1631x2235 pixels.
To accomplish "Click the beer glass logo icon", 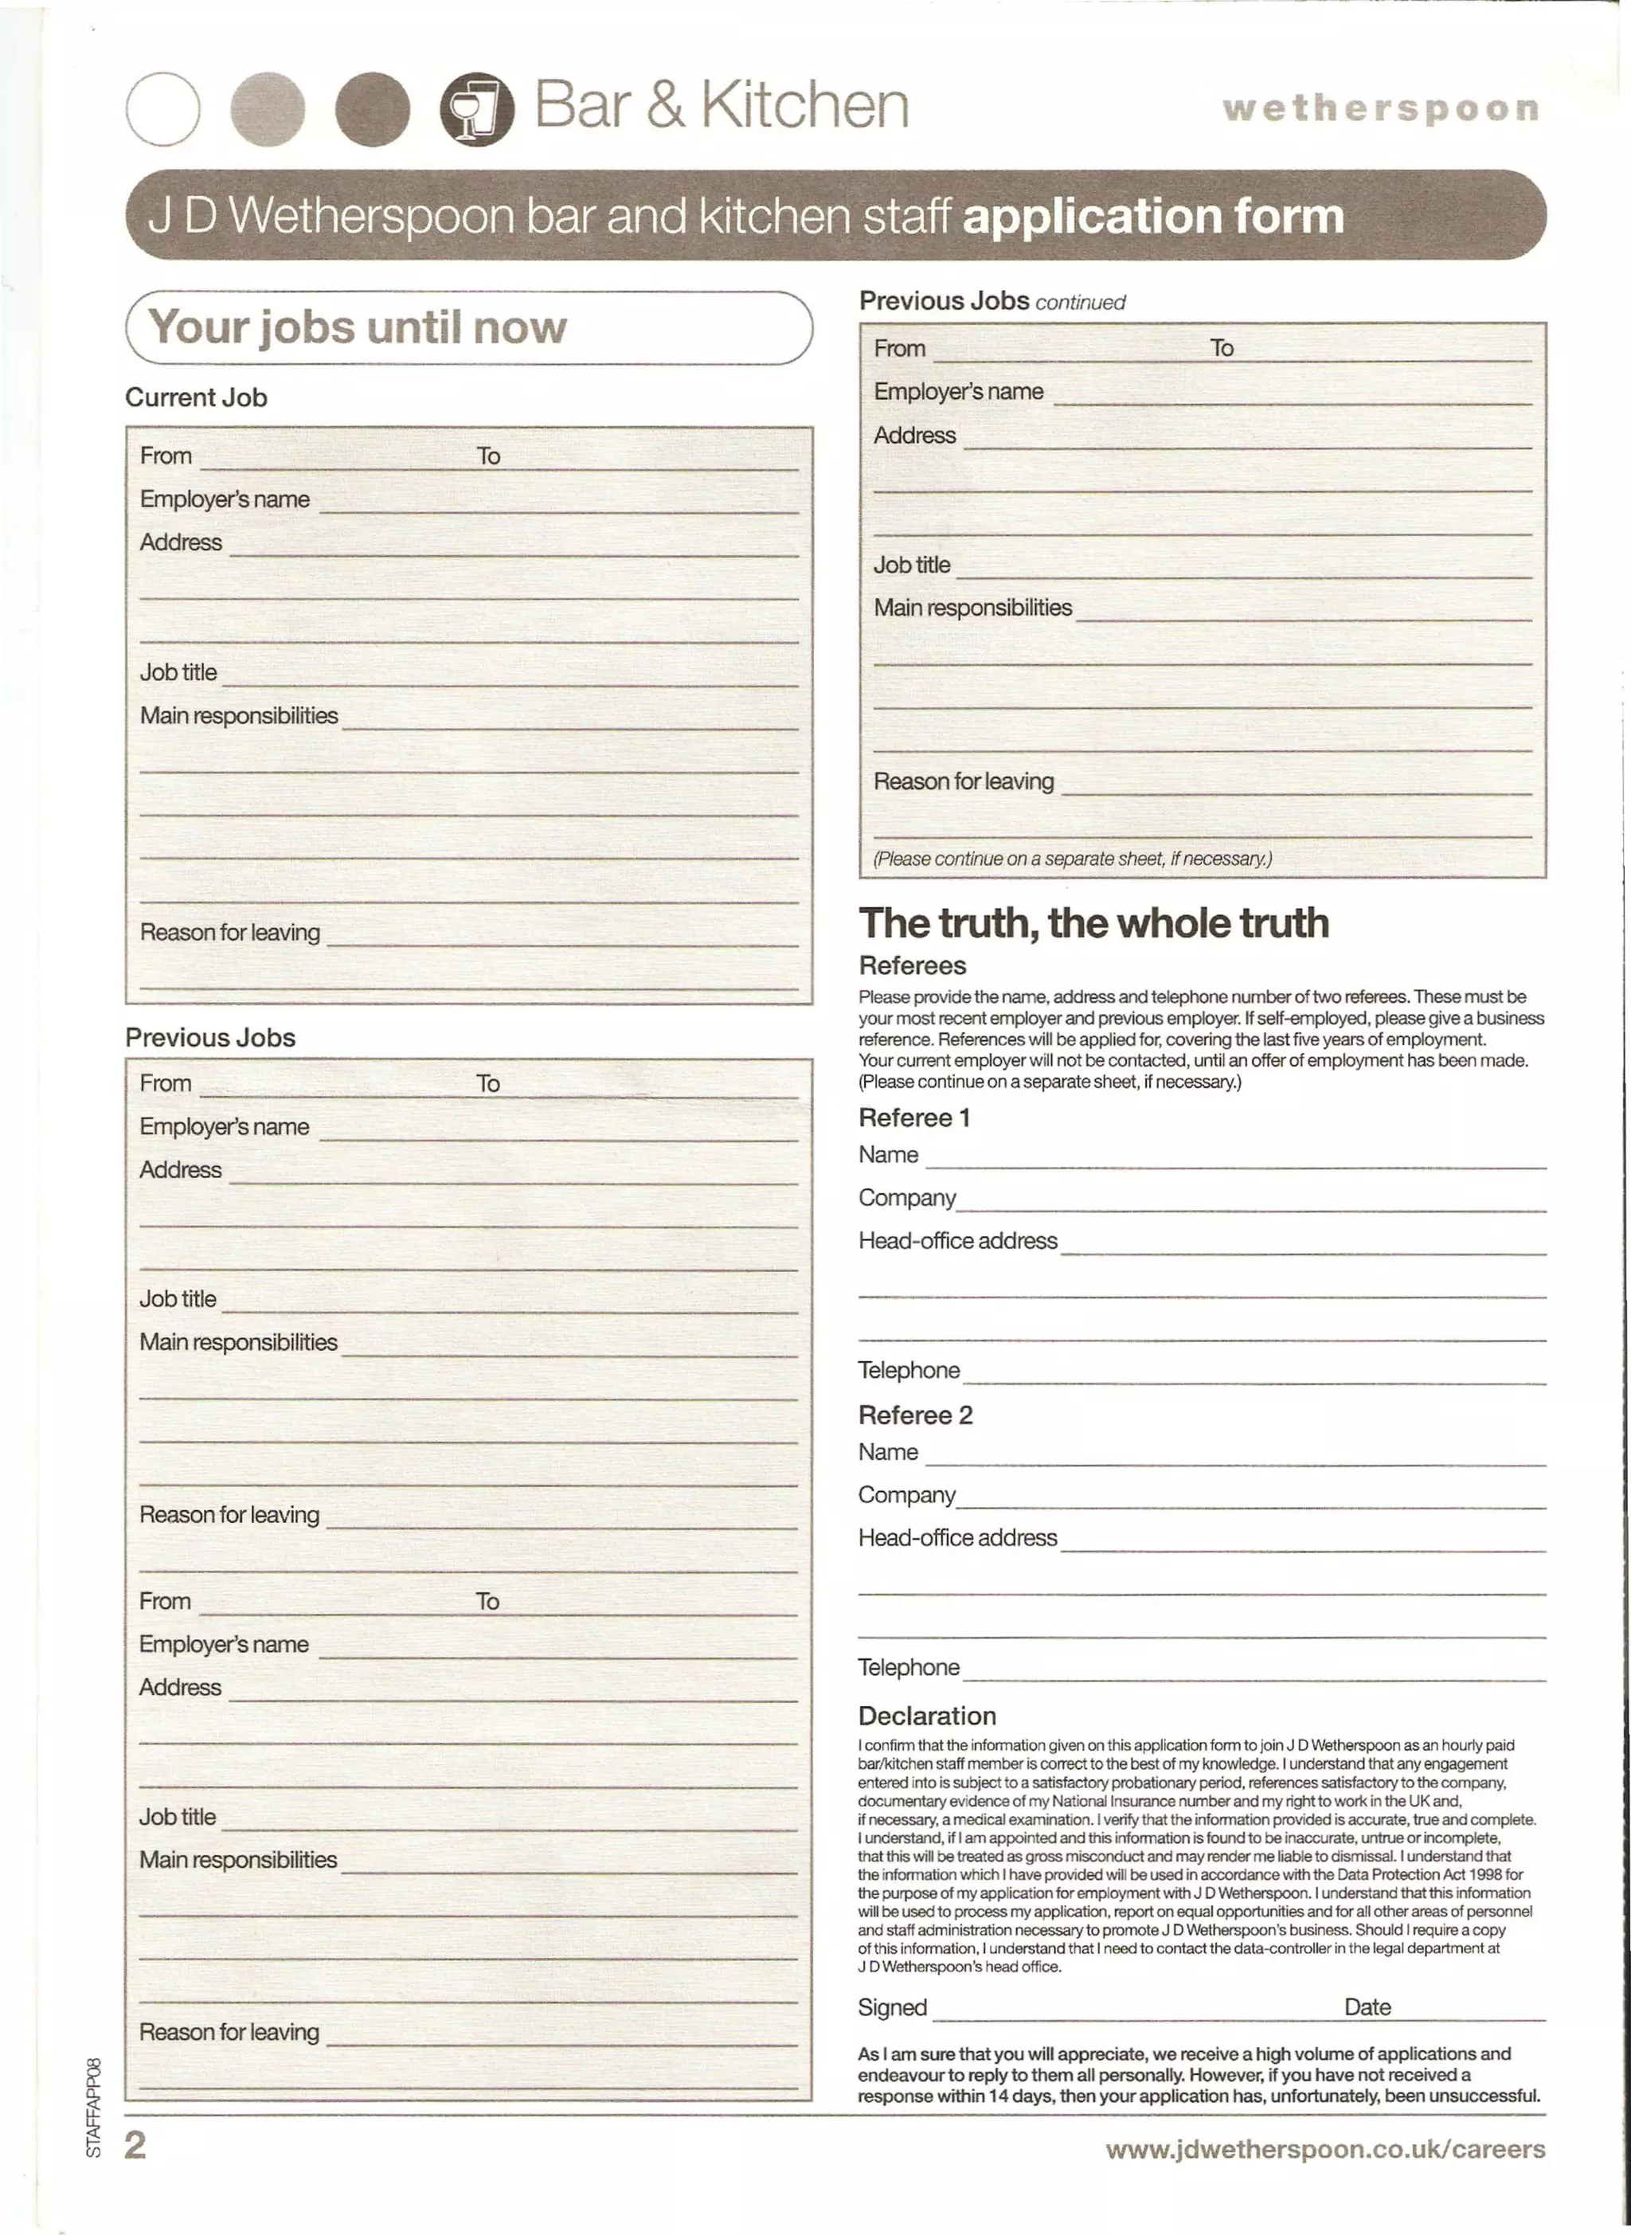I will coord(477,110).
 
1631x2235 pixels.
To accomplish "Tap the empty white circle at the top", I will coord(163,110).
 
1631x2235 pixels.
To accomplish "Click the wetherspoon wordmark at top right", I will coord(1380,108).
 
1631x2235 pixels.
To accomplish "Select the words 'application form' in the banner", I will coord(1152,215).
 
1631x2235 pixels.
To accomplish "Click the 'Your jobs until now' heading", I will coord(358,327).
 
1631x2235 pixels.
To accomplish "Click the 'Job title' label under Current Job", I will coord(178,672).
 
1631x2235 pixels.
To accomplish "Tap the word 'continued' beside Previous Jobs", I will coord(1080,302).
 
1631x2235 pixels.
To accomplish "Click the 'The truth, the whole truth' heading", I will coord(1093,923).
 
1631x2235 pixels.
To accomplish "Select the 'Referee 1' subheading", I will coord(914,1117).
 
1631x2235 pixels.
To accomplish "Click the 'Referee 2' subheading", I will coord(915,1415).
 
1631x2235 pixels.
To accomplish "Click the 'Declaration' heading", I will coord(927,1716).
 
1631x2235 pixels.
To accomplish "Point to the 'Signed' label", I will coord(891,2007).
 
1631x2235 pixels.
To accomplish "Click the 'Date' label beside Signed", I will coord(1367,2007).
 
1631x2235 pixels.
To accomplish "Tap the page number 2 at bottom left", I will coord(135,2145).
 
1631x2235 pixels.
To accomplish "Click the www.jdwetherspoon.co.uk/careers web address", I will coord(1325,2149).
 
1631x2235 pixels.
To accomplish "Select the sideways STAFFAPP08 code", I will coord(94,2108).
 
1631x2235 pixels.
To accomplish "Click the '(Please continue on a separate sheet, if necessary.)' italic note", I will coord(1071,859).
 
